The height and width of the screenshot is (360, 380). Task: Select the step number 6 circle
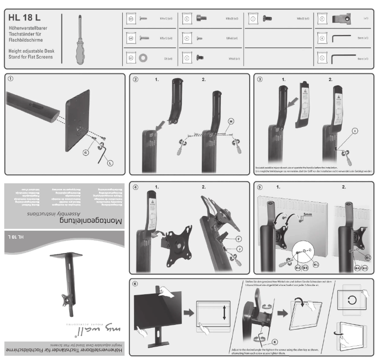pos(136,284)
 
